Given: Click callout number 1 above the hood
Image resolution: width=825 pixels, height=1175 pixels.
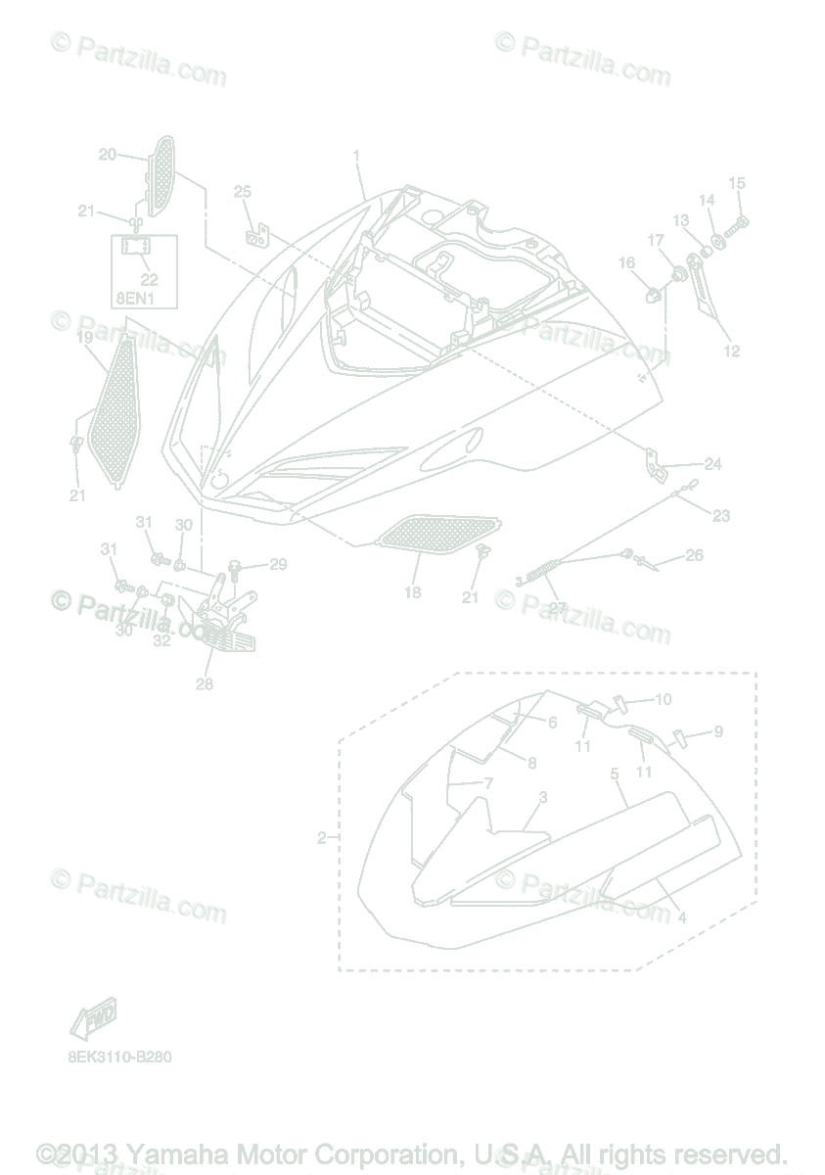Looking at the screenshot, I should pyautogui.click(x=357, y=156).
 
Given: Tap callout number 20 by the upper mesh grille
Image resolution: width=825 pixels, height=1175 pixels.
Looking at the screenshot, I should pyautogui.click(x=108, y=154).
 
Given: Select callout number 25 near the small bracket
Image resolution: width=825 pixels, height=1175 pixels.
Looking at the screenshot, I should pyautogui.click(x=242, y=191).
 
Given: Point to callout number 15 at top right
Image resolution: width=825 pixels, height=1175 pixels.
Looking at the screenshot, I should pyautogui.click(x=737, y=183).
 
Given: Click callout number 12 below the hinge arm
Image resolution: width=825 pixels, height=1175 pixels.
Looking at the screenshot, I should pyautogui.click(x=731, y=351).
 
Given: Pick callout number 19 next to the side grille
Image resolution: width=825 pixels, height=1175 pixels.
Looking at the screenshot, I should pyautogui.click(x=84, y=337).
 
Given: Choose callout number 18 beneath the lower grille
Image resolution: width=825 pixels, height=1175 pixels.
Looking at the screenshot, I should pyautogui.click(x=412, y=592).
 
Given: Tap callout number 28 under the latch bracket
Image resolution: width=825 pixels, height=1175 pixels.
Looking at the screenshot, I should pyautogui.click(x=204, y=683).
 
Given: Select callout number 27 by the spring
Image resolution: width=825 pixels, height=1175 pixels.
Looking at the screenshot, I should pyautogui.click(x=558, y=607).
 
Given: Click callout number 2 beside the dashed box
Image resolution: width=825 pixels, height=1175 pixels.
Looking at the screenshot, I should pyautogui.click(x=321, y=838).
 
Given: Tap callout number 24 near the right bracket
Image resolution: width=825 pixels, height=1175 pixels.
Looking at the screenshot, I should pyautogui.click(x=712, y=464).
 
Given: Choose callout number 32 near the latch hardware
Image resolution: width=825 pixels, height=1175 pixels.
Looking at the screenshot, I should pyautogui.click(x=161, y=640).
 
